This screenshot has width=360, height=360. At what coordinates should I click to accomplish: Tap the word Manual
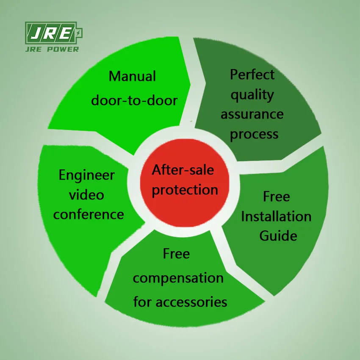point(132,76)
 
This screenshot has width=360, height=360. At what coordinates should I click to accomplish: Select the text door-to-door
point(134,100)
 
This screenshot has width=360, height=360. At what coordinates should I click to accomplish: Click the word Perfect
point(252,75)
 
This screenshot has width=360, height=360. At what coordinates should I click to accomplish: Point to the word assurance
point(252,114)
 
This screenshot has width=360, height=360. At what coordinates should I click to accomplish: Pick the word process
point(255,134)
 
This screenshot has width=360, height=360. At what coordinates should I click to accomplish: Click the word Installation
point(276,216)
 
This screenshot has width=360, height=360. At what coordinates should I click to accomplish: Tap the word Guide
point(278,235)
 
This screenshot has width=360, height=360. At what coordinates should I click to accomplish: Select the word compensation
point(178,278)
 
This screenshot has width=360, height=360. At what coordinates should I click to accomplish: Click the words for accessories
point(180,302)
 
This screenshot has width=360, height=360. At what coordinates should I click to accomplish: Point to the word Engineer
point(86,175)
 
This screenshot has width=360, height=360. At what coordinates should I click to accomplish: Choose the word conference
point(89,214)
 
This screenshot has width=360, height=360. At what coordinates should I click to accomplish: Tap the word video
point(86,194)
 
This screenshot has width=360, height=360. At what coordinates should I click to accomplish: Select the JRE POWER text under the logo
point(53,49)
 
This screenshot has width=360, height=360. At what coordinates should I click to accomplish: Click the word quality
point(252,94)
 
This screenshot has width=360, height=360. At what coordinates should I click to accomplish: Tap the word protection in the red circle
point(185,189)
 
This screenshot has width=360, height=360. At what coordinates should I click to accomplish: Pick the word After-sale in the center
point(183,170)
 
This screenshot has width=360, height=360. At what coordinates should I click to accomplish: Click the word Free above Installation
point(277,197)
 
